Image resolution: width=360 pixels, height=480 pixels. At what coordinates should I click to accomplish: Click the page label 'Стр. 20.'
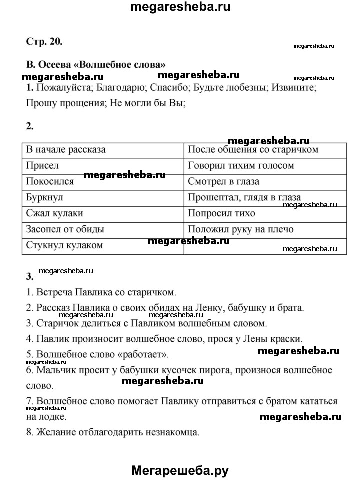44,41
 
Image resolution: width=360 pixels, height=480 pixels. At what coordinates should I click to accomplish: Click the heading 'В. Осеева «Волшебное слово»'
95,65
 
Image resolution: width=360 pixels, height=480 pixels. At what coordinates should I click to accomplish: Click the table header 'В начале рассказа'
66,149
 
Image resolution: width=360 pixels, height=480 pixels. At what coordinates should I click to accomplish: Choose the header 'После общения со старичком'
253,149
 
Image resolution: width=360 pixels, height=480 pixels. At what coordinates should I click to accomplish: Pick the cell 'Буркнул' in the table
45,197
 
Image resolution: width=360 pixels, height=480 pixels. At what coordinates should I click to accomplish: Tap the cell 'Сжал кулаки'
54,213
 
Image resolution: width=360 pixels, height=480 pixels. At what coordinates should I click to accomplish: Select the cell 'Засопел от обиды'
65,229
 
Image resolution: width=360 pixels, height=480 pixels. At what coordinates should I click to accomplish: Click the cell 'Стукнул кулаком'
64,245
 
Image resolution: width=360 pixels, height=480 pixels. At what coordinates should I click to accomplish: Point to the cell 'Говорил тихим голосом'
241,165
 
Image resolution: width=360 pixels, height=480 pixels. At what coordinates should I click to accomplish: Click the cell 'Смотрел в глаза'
223,181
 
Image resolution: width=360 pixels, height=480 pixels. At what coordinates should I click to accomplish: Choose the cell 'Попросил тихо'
221,213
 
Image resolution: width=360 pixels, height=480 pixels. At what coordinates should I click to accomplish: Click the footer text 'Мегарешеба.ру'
180,470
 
